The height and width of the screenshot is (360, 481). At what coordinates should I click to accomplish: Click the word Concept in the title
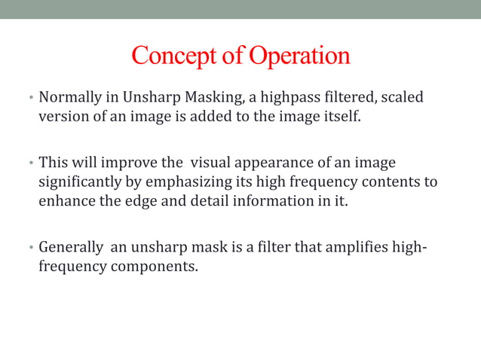click(x=172, y=56)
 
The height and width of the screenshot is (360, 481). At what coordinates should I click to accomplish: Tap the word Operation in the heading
click(x=300, y=56)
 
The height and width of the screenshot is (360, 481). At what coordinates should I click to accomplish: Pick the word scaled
click(x=402, y=98)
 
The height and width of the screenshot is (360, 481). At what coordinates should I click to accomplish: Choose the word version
click(x=62, y=117)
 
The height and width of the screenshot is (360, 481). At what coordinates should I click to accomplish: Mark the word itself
click(x=332, y=117)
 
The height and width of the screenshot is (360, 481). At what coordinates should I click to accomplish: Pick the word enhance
click(x=66, y=202)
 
